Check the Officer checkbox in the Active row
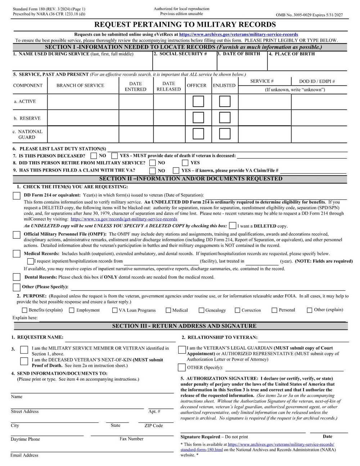198,102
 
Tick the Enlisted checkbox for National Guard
225,134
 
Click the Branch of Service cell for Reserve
83,118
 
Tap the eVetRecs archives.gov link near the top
238,35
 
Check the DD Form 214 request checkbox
17,196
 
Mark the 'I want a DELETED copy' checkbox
233,226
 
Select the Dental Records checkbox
17,277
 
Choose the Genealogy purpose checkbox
202,310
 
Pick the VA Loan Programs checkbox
115,310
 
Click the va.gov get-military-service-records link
124,219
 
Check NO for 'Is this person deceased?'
94,156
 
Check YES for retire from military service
185,163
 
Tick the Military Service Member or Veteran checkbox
24,350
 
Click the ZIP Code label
153,426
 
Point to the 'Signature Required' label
200,436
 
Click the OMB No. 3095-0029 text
309,15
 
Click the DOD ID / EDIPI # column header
317,81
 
